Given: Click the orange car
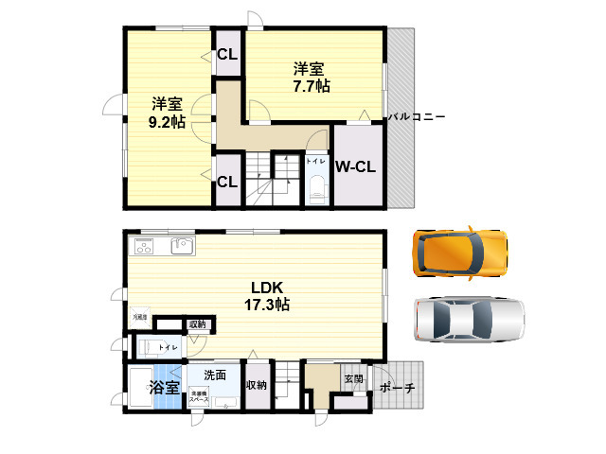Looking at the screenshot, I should coord(459,252).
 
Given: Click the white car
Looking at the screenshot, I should coord(468,320).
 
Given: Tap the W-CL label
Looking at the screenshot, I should coord(356,167).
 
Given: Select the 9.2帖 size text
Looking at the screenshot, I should coord(166,122).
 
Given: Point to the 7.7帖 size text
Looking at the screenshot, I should coord(311,86).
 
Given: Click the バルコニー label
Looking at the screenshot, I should coord(416,116).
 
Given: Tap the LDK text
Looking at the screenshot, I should coord(268,288).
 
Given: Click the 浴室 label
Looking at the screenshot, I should coord(164,388).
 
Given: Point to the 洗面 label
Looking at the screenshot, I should coord(215,375).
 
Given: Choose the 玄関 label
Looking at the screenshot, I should coord(353,378).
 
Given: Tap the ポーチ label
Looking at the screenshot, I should coord(397,388).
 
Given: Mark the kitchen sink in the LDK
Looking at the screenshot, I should coord(182,247).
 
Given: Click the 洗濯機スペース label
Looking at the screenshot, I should coord(199,395).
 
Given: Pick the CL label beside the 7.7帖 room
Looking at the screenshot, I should coord(227,54).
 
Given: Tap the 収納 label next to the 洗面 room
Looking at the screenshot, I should coord(256,385).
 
